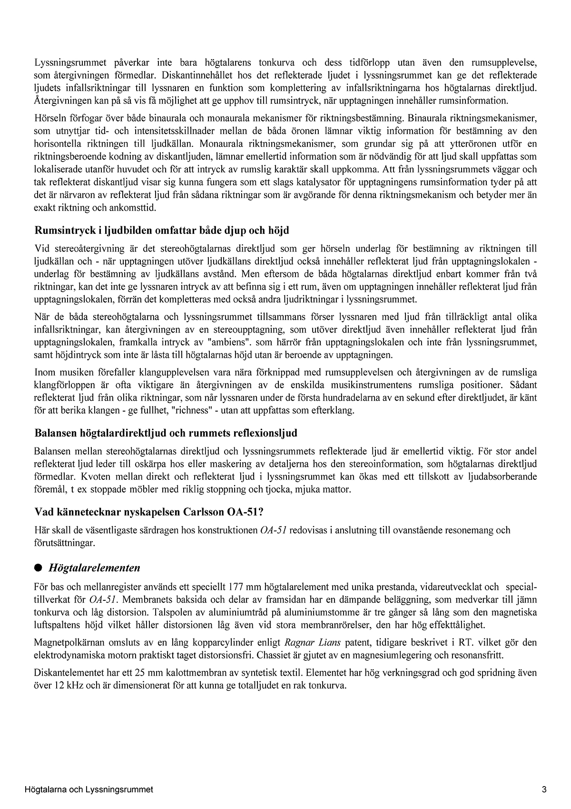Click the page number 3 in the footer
coord(543,789)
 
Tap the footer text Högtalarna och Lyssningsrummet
coord(89,789)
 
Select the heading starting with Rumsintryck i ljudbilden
coord(162,231)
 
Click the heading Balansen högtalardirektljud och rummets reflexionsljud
coord(166,433)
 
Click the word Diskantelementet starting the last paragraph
coord(66,674)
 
